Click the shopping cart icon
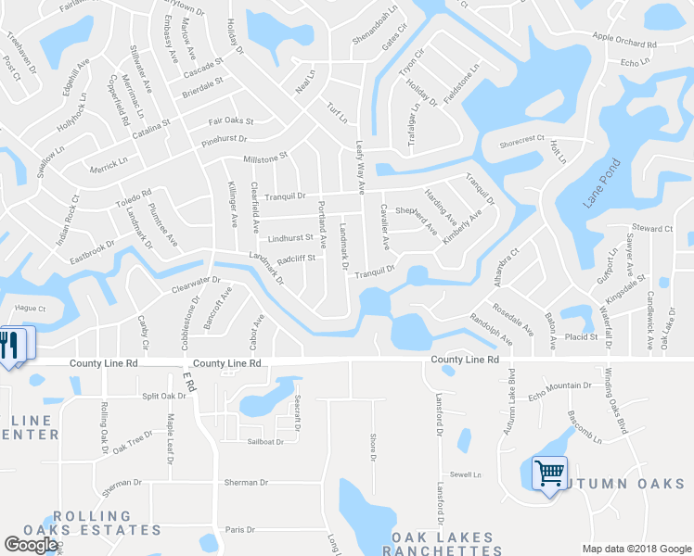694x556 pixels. pyautogui.click(x=549, y=474)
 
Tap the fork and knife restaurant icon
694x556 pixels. pyautogui.click(x=11, y=346)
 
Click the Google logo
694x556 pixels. pyautogui.click(x=31, y=545)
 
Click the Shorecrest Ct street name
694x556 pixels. pyautogui.click(x=520, y=139)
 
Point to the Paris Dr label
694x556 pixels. pyautogui.click(x=239, y=529)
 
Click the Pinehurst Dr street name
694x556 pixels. pyautogui.click(x=225, y=140)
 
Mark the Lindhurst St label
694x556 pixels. pyautogui.click(x=290, y=236)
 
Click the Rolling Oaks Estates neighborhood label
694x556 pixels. pyautogui.click(x=106, y=523)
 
